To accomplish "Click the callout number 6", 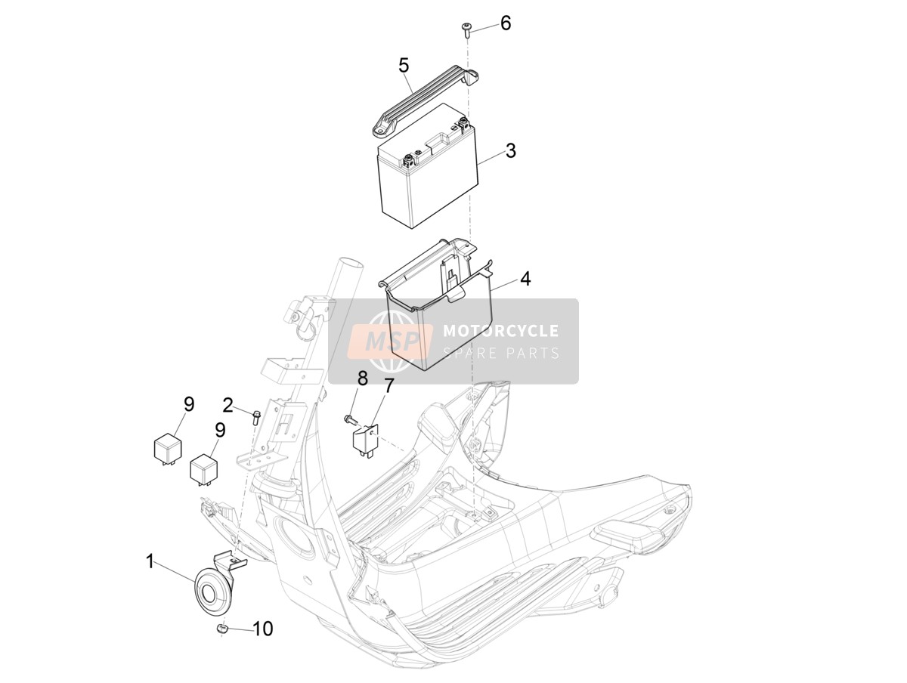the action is [x=506, y=23].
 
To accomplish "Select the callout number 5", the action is [x=404, y=65].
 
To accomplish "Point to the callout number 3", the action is [x=511, y=151].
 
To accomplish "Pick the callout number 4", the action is [x=525, y=279].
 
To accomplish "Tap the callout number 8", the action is [x=362, y=378].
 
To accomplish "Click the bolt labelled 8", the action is [x=350, y=420].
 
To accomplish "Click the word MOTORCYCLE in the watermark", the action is [x=501, y=331].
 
